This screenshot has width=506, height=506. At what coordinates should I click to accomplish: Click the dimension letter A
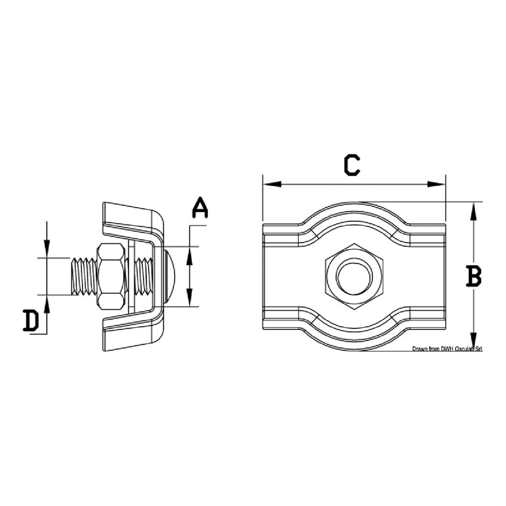point(200,208)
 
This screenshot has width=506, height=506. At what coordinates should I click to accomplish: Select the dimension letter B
point(473,277)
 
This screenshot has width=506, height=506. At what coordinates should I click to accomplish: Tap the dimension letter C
point(352,165)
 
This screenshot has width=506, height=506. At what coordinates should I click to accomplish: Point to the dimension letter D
point(31,321)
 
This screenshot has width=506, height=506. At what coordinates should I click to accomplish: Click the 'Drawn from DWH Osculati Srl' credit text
point(447,349)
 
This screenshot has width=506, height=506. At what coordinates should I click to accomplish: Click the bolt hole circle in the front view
point(355,277)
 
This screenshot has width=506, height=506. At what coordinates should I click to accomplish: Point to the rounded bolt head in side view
point(171,277)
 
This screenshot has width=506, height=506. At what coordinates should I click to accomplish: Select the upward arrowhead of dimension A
point(189,255)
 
